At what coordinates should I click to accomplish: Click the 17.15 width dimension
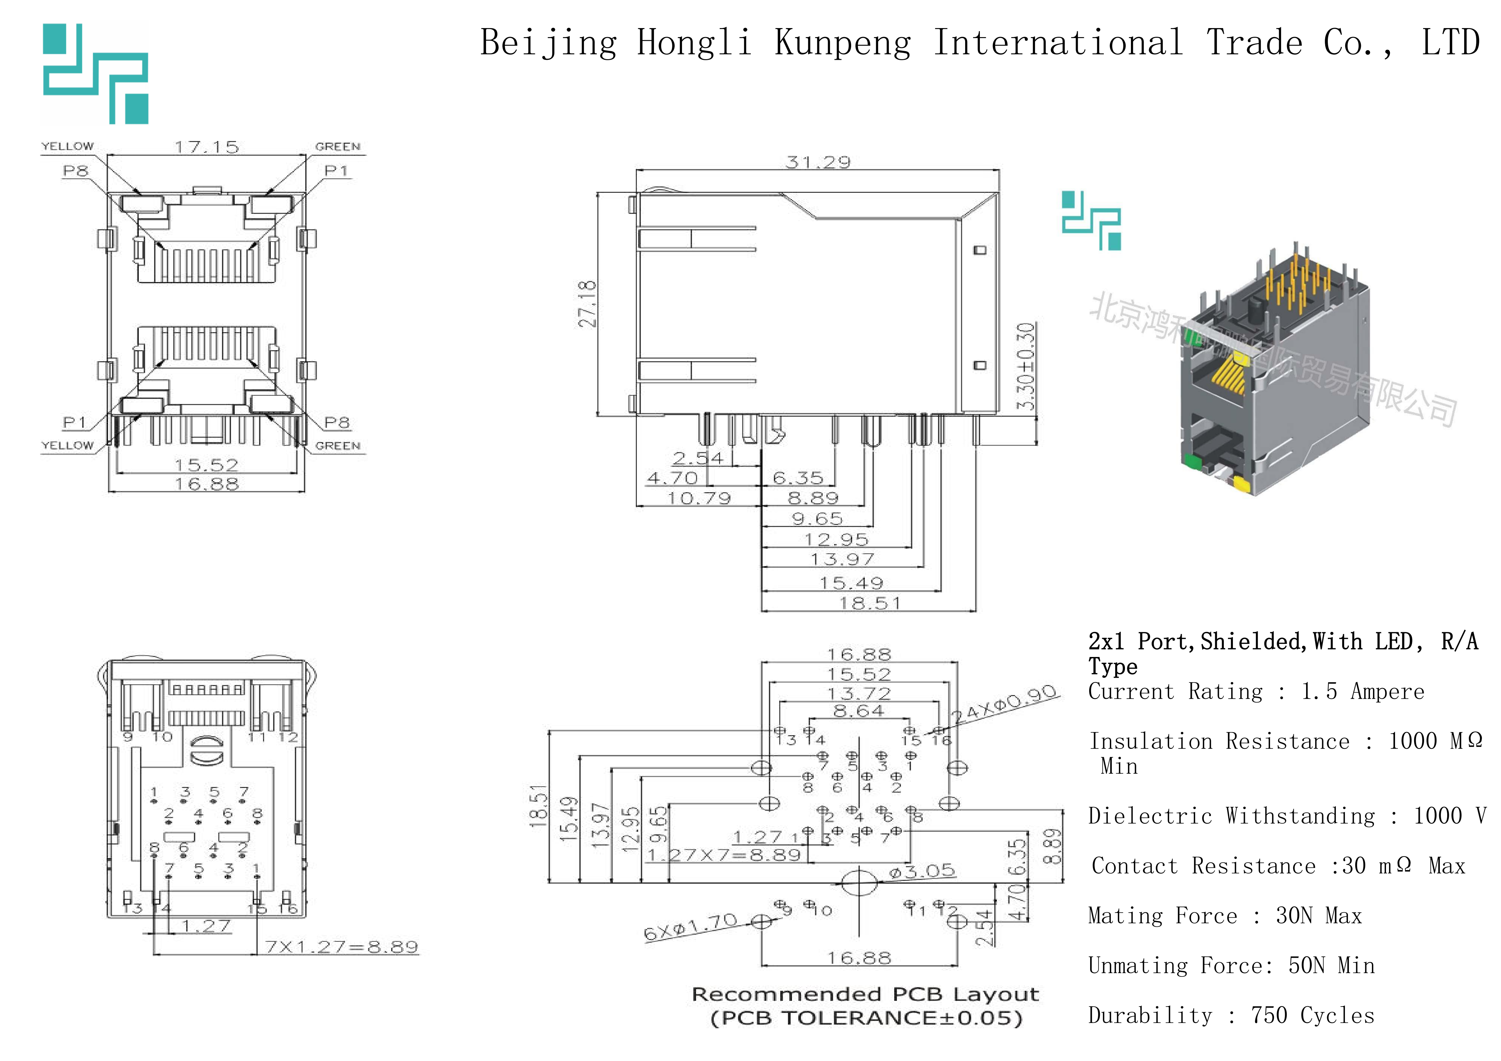[207, 147]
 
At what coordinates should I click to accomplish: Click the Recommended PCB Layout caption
[865, 994]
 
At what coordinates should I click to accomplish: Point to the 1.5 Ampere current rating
[1362, 691]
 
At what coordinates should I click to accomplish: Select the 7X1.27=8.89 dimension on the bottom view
[341, 947]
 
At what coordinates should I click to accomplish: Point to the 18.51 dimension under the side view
[870, 603]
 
